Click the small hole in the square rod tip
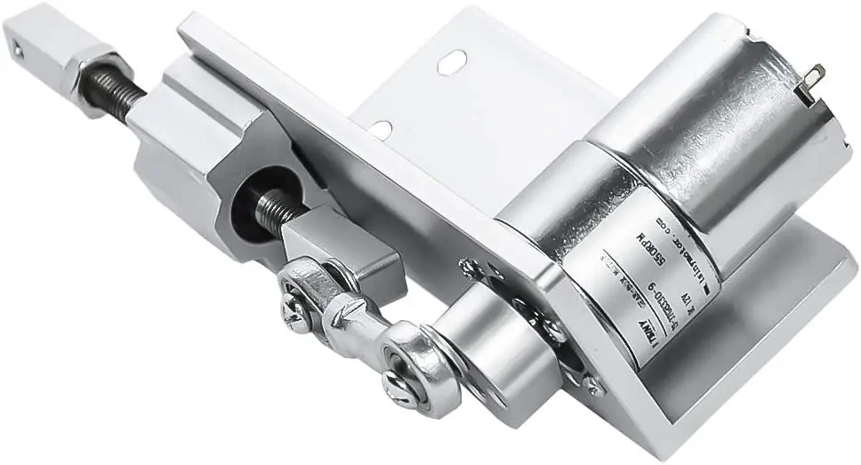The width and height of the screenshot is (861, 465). tap(18, 51)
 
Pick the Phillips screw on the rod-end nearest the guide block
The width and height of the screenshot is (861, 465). tap(296, 312)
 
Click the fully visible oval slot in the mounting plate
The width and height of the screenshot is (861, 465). tap(451, 61)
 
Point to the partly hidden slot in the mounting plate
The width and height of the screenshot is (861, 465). tap(379, 130)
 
